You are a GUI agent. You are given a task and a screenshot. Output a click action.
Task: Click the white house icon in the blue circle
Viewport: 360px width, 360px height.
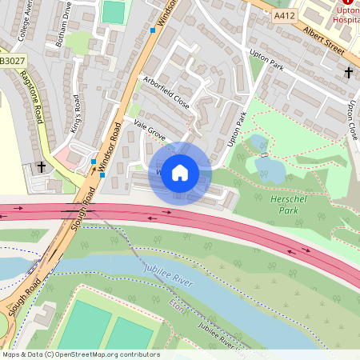(180, 173)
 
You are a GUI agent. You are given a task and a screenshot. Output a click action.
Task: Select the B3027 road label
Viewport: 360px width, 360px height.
(11, 60)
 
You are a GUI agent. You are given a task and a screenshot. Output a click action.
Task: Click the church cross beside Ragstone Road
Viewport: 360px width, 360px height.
(41, 167)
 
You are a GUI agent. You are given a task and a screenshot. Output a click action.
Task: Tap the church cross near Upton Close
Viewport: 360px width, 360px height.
(348, 73)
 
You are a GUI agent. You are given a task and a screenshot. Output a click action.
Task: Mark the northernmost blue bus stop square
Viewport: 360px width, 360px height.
(152, 30)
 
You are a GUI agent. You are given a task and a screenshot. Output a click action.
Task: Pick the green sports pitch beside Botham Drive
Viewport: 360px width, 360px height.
(114, 12)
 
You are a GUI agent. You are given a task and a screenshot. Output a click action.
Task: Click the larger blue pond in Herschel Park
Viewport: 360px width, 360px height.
(269, 169)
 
